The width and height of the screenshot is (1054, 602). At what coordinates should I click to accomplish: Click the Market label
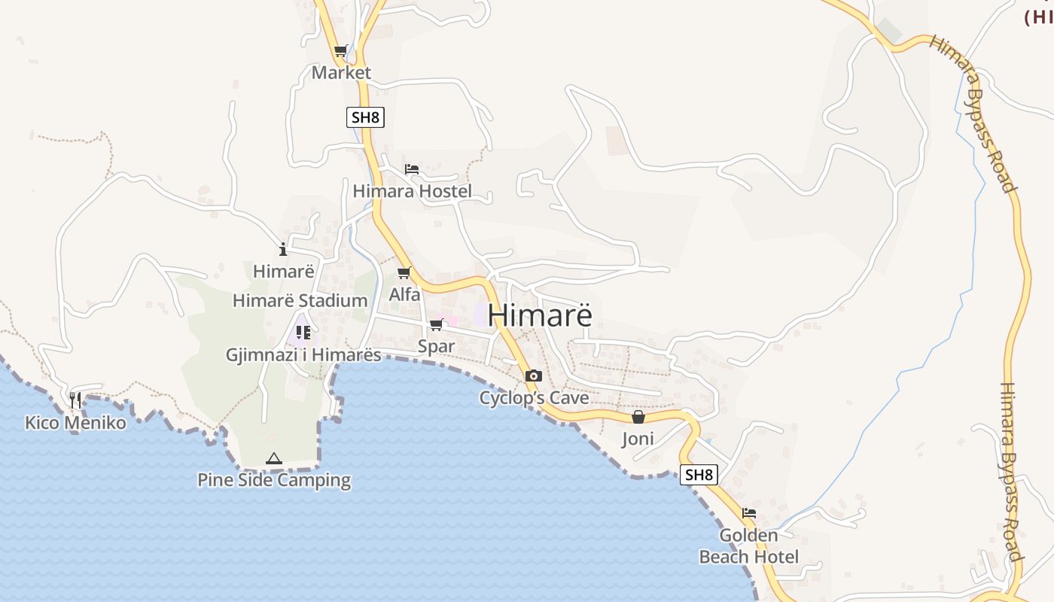coord(341,73)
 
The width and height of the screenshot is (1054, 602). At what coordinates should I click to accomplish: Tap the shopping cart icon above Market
coord(340,51)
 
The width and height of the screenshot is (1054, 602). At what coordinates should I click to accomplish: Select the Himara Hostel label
coord(412,191)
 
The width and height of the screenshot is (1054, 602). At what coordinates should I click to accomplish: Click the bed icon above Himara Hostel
coord(411,169)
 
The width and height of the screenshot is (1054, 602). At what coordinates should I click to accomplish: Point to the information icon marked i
coord(283,249)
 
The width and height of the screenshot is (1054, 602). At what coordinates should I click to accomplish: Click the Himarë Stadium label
coord(300,301)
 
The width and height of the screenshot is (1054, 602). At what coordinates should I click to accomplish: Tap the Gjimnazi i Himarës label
coord(303,355)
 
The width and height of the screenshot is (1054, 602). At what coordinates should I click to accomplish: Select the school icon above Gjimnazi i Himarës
coord(303,332)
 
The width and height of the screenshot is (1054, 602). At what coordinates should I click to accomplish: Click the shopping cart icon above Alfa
coord(404,272)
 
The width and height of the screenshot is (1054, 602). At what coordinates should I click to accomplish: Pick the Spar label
coord(436,346)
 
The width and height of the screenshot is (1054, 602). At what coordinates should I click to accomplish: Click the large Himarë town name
coord(540,315)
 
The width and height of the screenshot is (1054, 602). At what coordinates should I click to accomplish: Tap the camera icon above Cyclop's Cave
coord(534,375)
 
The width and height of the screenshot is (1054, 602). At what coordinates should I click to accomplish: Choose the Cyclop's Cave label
coord(534,398)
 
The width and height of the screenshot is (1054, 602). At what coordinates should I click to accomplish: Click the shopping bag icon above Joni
coord(638,417)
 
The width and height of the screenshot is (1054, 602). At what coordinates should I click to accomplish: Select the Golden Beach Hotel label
coord(748,546)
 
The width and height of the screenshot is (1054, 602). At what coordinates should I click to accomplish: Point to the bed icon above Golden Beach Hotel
coord(748,513)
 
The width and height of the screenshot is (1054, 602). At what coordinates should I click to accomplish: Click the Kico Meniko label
coord(75,423)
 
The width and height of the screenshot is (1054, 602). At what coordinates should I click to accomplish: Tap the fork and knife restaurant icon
coord(75,400)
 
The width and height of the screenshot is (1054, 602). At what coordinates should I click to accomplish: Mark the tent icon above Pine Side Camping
coord(274,458)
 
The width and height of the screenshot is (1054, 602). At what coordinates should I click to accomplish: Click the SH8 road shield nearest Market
coord(365,117)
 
